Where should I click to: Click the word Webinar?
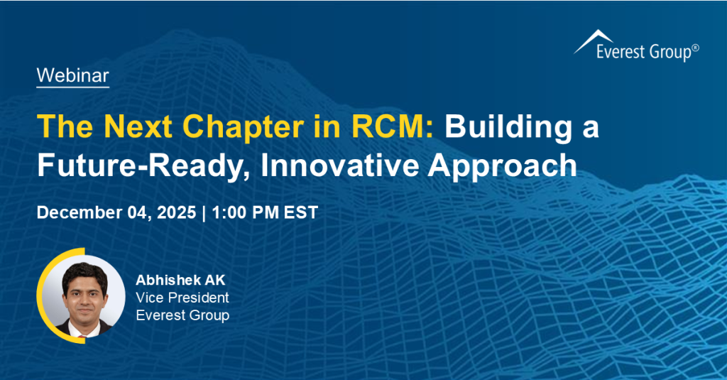pyautogui.click(x=72, y=74)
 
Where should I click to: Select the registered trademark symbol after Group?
pyautogui.click(x=695, y=48)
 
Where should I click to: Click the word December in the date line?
pyautogui.click(x=79, y=212)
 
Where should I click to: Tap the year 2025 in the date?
pyautogui.click(x=175, y=212)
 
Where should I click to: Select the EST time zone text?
pyautogui.click(x=301, y=212)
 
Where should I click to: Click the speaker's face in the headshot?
pyautogui.click(x=82, y=291)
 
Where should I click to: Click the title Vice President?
pyautogui.click(x=182, y=297)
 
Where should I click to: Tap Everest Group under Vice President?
pyautogui.click(x=182, y=315)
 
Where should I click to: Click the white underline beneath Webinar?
pyautogui.click(x=72, y=87)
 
